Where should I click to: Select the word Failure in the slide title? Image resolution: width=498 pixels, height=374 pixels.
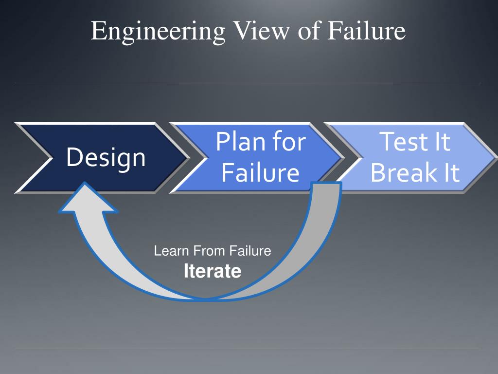[x=366, y=31]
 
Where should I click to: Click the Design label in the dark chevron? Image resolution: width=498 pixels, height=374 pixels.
[x=106, y=158]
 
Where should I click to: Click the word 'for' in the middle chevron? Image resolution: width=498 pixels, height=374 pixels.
[x=289, y=142]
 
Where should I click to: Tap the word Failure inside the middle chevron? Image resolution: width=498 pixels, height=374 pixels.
[x=260, y=172]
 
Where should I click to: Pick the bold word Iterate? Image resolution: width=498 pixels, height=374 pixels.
[x=213, y=271]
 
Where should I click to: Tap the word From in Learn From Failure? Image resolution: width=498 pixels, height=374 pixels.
[x=210, y=251]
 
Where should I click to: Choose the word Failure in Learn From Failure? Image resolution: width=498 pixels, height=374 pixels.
[x=250, y=251]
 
